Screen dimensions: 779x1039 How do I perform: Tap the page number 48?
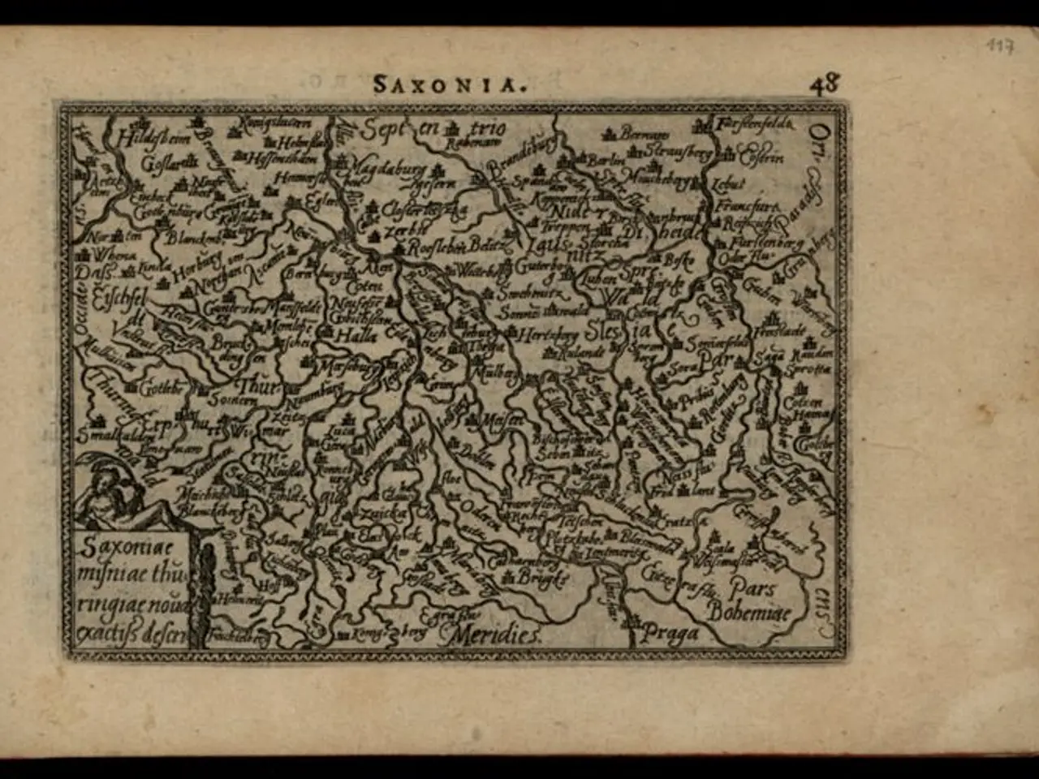coord(823,84)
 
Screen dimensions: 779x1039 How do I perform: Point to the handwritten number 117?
coord(1000,47)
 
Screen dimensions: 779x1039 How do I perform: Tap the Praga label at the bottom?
coord(670,633)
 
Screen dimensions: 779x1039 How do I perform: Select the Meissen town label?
coord(503,420)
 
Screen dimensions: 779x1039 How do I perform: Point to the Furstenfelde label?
coord(755,124)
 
